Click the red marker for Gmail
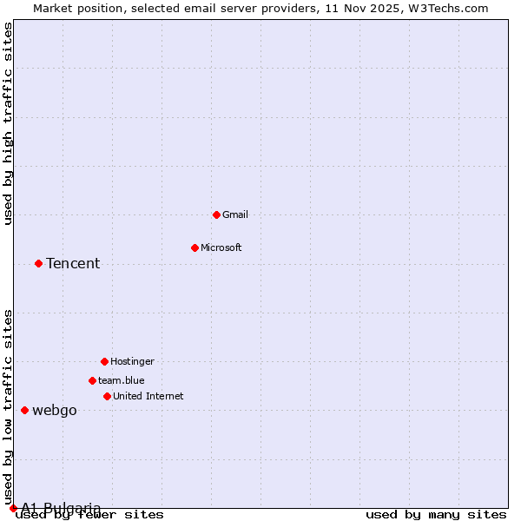tap(216, 214)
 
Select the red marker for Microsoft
tap(195, 247)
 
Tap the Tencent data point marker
tap(38, 263)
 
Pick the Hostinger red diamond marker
tap(104, 361)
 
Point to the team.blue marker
tap(92, 380)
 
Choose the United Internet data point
tap(107, 396)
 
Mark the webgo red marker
tap(24, 410)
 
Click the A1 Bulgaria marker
tap(13, 508)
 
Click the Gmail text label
tap(235, 214)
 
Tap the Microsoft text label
tap(221, 247)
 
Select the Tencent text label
tap(73, 264)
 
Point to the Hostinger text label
tap(132, 361)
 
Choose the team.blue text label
tap(122, 380)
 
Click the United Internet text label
tap(148, 396)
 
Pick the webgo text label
tap(55, 411)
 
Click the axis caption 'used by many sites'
tap(436, 515)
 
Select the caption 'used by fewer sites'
tap(90, 515)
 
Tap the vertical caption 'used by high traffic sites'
tap(9, 124)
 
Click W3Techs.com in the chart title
tap(448, 8)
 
